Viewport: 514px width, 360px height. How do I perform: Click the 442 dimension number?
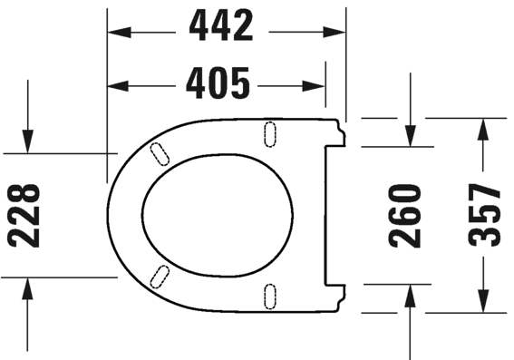[x=222, y=29]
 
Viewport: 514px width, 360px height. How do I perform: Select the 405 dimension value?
[x=218, y=85]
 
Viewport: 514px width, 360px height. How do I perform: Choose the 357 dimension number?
[x=488, y=215]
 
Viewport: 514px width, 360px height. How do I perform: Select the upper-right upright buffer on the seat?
[x=269, y=132]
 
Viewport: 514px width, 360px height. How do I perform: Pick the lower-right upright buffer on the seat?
[x=269, y=295]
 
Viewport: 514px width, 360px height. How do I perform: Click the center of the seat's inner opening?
[x=218, y=214]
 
